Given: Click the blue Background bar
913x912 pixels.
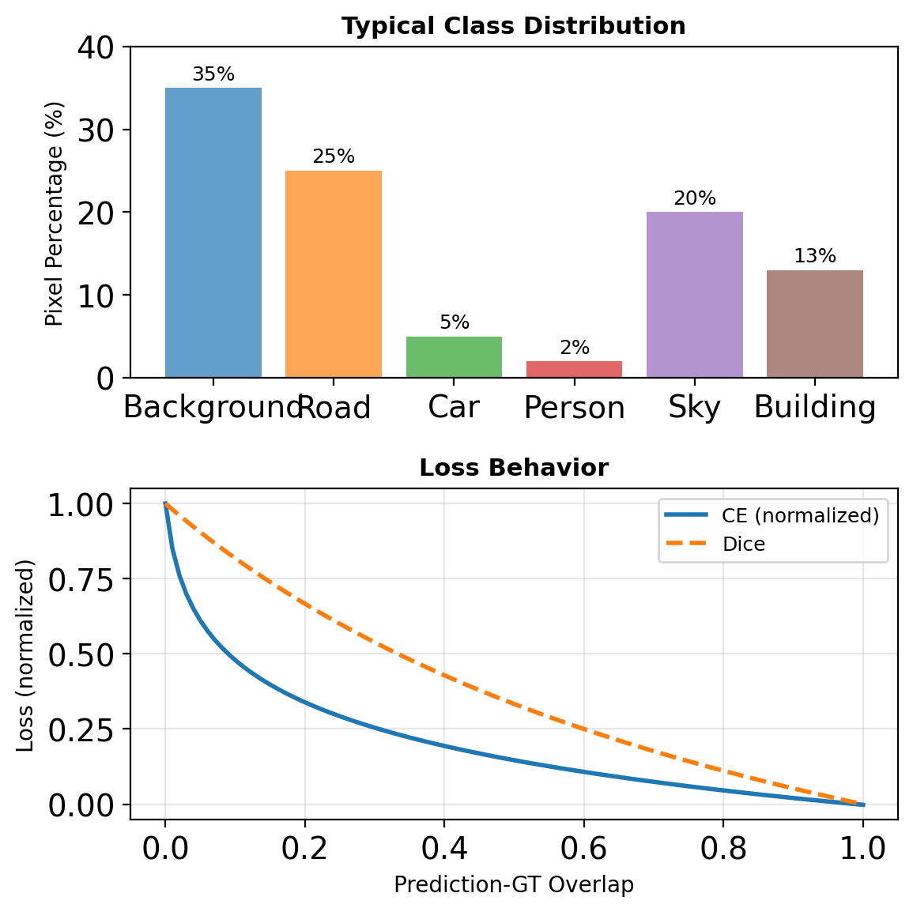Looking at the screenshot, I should pos(213,232).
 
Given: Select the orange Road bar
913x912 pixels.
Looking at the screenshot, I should pos(334,273).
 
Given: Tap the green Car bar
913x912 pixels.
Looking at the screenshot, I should pos(454,357).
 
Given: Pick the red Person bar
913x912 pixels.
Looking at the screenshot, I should pos(575,369).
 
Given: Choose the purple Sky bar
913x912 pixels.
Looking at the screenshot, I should pos(695,294).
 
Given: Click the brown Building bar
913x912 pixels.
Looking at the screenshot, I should pos(815,323).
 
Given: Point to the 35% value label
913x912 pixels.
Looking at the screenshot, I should pos(213,74).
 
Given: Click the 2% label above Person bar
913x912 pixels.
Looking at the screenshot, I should pos(575,348).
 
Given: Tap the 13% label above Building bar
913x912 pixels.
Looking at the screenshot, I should pos(815,256).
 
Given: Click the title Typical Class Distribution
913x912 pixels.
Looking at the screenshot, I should pos(514,26).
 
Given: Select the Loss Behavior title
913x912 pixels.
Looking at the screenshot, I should pos(514,468).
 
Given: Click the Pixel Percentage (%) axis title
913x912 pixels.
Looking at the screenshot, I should pos(54,213).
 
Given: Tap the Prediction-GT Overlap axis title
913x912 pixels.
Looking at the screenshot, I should pos(514,884).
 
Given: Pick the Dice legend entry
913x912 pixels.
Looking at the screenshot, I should pos(744,544).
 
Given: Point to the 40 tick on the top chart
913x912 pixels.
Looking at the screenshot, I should pos(96,47).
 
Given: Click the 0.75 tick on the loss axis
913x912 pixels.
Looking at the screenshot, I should pos(80,579).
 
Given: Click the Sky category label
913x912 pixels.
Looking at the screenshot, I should pos(695,408).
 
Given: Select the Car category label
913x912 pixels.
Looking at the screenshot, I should pos(454,408).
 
